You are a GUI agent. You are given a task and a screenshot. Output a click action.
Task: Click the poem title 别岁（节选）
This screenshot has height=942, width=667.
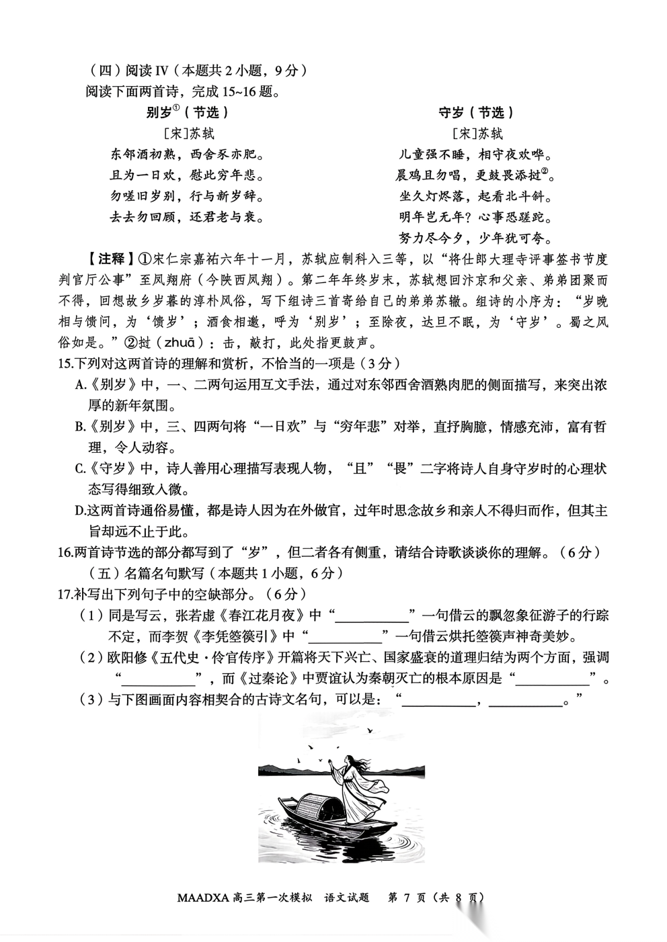187,112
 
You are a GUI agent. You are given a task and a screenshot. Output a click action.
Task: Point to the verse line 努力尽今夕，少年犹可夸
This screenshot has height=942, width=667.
475,238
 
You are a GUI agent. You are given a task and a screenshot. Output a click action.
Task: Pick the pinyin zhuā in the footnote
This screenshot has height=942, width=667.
178,343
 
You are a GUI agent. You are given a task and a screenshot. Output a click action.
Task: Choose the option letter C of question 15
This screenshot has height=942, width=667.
81,469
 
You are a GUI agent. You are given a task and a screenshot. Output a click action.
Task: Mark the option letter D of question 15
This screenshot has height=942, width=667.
81,511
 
